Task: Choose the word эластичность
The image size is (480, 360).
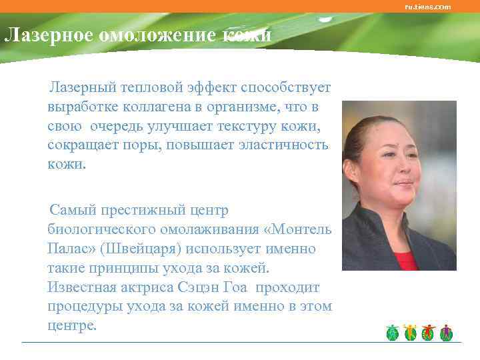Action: click(289, 145)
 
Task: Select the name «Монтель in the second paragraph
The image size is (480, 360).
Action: click(298, 229)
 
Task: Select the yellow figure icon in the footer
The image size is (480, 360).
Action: click(411, 333)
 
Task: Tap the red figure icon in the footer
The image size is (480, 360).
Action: click(429, 333)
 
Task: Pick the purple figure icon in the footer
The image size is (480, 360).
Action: click(446, 333)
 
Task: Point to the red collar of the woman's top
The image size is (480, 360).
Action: click(406, 261)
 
